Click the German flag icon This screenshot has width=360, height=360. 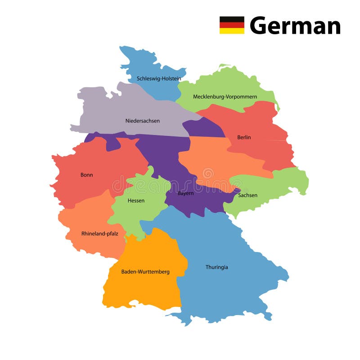(x=232, y=25)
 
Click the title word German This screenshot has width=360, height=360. (x=295, y=25)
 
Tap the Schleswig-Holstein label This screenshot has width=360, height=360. (x=159, y=79)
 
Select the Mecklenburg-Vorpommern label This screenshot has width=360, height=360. (x=225, y=97)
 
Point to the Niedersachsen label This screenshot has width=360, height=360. (x=142, y=121)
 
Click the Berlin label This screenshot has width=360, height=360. (x=244, y=137)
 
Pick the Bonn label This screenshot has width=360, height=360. (x=86, y=175)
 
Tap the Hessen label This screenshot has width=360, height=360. (x=136, y=201)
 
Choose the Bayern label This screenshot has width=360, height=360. (x=185, y=193)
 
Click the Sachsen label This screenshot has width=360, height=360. (x=248, y=195)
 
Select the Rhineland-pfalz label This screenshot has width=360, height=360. (x=99, y=234)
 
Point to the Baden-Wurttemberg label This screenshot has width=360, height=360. (x=145, y=272)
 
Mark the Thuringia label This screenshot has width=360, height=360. (x=216, y=267)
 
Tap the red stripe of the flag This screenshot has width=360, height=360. (x=232, y=25)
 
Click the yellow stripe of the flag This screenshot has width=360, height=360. (x=232, y=31)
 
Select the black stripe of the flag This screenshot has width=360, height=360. (x=232, y=19)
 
